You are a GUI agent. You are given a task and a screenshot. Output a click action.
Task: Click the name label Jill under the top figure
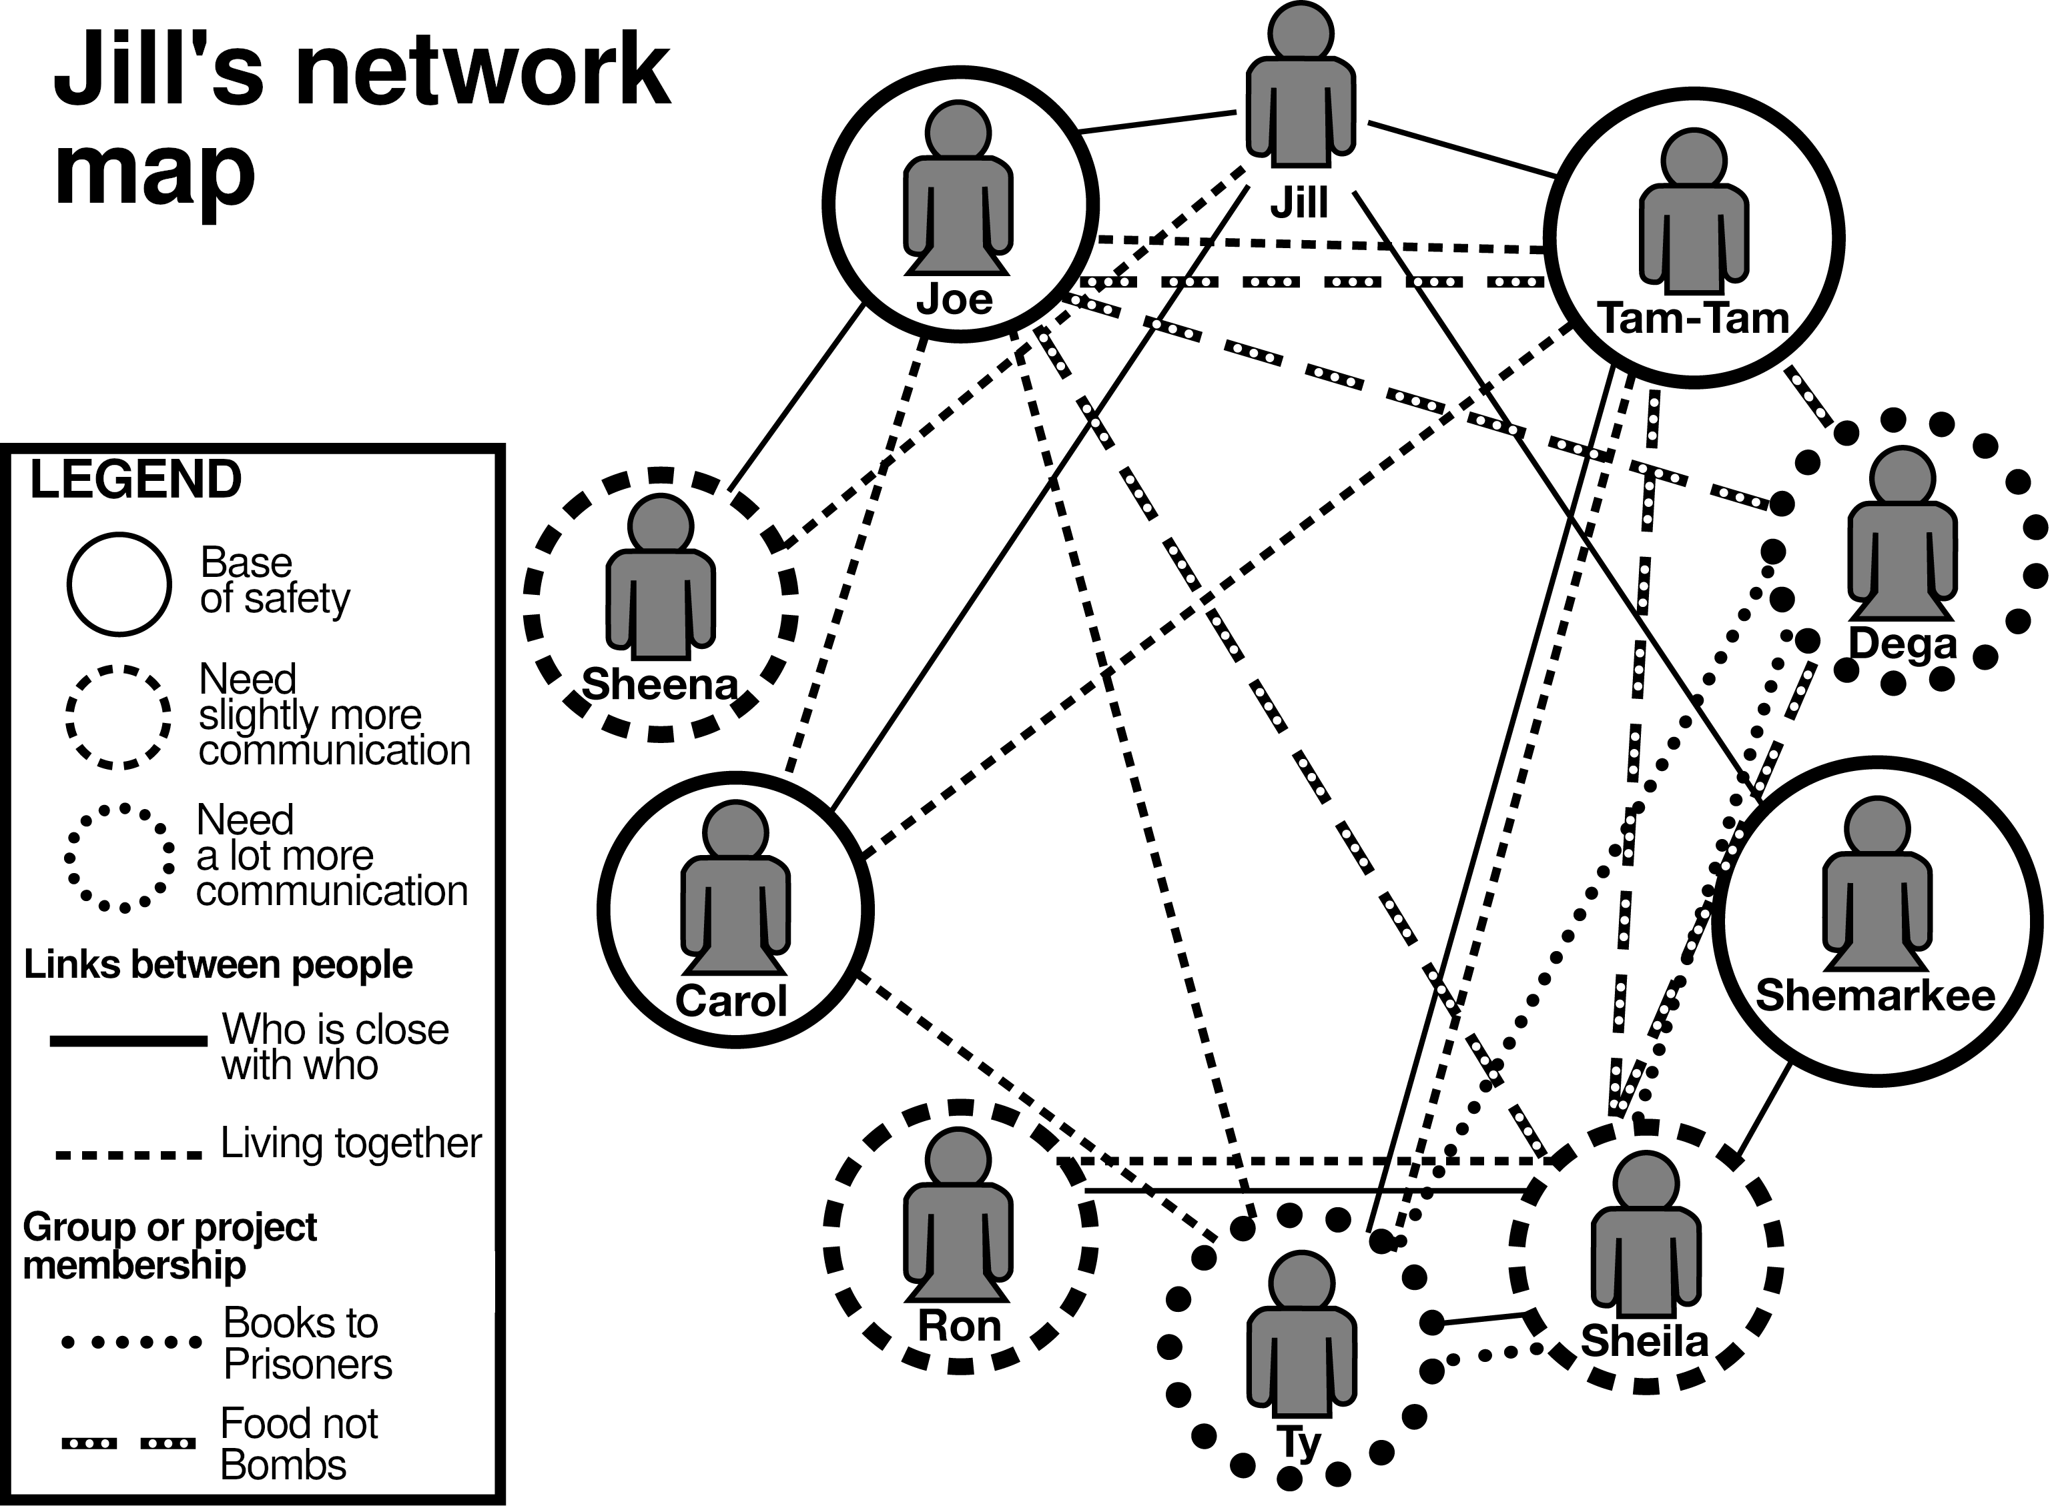[1299, 202]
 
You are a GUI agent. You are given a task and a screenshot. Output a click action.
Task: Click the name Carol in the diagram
[731, 1001]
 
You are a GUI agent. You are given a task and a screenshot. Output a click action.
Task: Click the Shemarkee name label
[1876, 994]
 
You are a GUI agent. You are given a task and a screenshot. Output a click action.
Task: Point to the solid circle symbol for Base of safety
[119, 584]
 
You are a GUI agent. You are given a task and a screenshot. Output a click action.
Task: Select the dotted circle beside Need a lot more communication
[119, 857]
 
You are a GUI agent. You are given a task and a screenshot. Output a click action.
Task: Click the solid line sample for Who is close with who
[127, 1040]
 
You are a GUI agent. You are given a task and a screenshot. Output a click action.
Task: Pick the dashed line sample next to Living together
[127, 1154]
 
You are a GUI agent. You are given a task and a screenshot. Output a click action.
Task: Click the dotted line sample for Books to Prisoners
[130, 1342]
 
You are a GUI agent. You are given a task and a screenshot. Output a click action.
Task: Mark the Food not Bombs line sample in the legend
[127, 1443]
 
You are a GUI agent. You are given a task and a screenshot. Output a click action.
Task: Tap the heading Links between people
[218, 964]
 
